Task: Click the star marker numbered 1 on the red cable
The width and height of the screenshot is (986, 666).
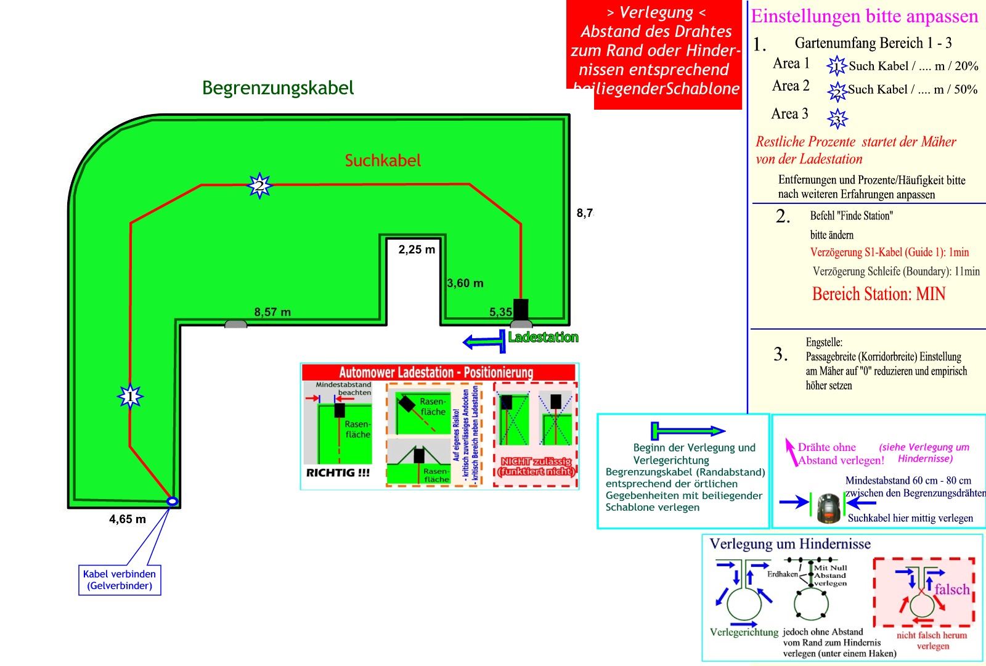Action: pos(130,397)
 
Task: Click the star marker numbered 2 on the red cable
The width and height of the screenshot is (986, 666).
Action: pos(259,185)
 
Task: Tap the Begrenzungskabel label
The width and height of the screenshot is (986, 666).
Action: pos(278,87)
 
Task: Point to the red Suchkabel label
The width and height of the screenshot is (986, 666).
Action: pos(383,161)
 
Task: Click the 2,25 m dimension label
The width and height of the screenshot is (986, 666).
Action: pos(417,250)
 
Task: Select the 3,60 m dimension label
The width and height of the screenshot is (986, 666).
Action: pos(465,283)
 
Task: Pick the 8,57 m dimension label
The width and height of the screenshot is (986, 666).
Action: pos(272,312)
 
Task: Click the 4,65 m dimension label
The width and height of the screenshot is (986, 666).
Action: pos(128,519)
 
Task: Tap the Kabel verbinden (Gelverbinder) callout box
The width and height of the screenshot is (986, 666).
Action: pos(120,580)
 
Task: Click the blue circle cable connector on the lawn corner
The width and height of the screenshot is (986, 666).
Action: pos(173,502)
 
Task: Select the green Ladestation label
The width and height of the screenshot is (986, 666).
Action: pos(543,338)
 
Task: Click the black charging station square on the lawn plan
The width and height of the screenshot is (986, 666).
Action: pos(521,309)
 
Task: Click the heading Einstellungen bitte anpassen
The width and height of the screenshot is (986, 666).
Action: pos(864,17)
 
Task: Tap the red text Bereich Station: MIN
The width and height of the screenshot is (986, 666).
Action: pos(879,294)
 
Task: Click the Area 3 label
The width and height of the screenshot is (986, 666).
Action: pos(789,114)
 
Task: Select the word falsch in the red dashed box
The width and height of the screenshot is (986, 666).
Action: pos(951,589)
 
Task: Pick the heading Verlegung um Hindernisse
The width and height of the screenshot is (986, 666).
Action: pos(790,544)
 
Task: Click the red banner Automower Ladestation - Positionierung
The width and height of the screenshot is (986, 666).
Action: pos(436,372)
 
